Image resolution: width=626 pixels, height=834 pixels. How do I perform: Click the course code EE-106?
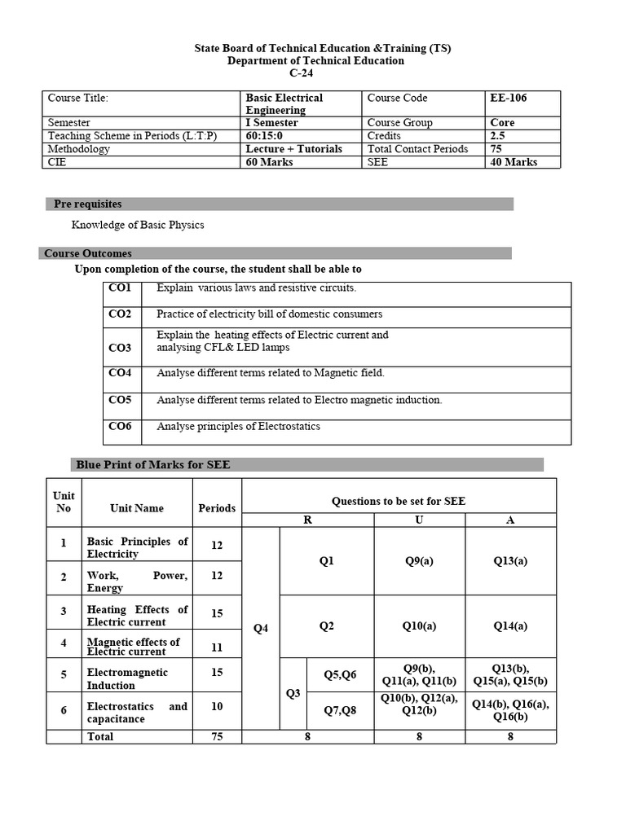pyautogui.click(x=508, y=98)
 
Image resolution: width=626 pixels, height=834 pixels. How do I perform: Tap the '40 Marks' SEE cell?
pyautogui.click(x=514, y=162)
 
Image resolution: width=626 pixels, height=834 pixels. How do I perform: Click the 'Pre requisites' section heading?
pyautogui.click(x=88, y=204)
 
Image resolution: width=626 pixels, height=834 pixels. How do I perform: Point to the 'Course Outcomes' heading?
pyautogui.click(x=88, y=253)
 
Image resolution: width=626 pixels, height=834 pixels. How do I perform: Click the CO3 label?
pyautogui.click(x=120, y=348)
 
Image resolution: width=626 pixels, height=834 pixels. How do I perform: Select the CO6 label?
pyautogui.click(x=120, y=426)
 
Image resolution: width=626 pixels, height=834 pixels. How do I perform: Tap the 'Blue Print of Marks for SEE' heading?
pyautogui.click(x=153, y=465)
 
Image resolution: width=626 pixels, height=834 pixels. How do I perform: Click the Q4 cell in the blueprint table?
pyautogui.click(x=261, y=628)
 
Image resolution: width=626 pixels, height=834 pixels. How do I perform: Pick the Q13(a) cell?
pyautogui.click(x=510, y=561)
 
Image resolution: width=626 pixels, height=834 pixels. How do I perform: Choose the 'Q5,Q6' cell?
pyautogui.click(x=340, y=674)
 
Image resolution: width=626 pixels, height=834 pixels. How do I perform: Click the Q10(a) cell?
pyautogui.click(x=419, y=625)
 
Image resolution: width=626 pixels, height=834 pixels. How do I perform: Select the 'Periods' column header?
pyautogui.click(x=217, y=508)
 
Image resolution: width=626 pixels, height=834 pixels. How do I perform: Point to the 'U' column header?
pyautogui.click(x=419, y=520)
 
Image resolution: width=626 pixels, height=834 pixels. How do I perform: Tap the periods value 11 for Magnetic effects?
pyautogui.click(x=217, y=647)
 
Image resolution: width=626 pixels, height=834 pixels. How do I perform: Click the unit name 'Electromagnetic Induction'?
pyautogui.click(x=127, y=678)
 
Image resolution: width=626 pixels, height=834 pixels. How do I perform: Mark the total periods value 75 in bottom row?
pyautogui.click(x=217, y=736)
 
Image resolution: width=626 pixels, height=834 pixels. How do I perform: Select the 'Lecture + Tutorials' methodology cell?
pyautogui.click(x=294, y=149)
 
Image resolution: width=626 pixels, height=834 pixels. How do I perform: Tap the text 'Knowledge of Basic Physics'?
pyautogui.click(x=138, y=225)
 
